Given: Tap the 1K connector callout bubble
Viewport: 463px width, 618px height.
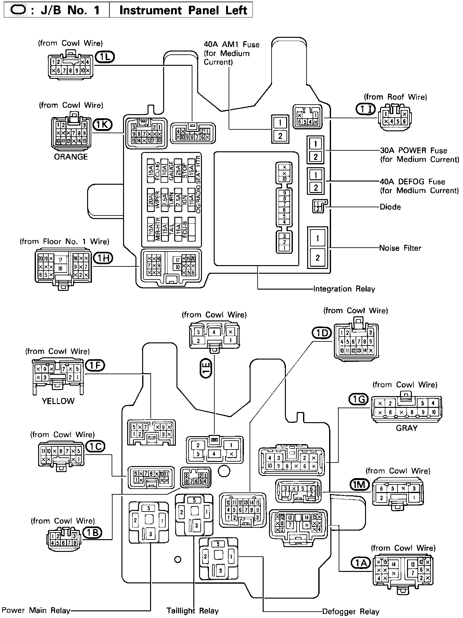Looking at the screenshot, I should pyautogui.click(x=102, y=125).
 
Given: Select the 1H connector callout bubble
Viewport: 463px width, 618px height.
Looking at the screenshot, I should pyautogui.click(x=103, y=258).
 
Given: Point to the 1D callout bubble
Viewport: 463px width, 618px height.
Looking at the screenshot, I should pyautogui.click(x=321, y=333).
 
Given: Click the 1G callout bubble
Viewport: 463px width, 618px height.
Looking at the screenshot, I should pyautogui.click(x=358, y=399).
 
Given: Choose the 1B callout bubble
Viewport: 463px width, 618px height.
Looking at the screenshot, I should pyautogui.click(x=92, y=532).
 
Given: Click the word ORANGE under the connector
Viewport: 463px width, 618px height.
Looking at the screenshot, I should pyautogui.click(x=71, y=157).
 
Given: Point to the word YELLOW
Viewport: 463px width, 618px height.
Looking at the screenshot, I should pyautogui.click(x=58, y=401).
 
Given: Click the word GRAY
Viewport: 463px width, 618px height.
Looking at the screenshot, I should pyautogui.click(x=406, y=428).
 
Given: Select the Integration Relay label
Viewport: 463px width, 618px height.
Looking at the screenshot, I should pyautogui.click(x=344, y=289).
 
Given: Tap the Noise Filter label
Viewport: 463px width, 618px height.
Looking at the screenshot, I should pyautogui.click(x=400, y=248).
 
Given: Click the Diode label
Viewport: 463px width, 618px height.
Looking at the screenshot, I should pyautogui.click(x=390, y=207).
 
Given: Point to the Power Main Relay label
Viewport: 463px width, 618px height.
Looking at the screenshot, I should pyautogui.click(x=36, y=610).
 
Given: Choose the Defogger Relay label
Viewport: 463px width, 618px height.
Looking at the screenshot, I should pyautogui.click(x=350, y=611).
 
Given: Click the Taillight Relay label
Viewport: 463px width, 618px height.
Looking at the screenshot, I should pyautogui.click(x=193, y=610).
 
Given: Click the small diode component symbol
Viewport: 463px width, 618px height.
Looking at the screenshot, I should pyautogui.click(x=318, y=207).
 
